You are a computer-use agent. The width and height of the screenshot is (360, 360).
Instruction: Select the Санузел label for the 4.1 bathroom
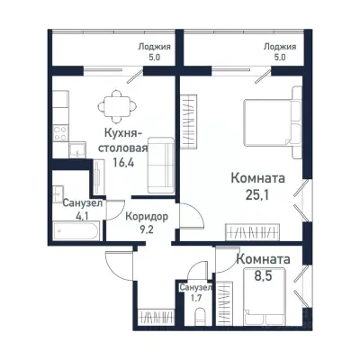pos(82,203)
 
